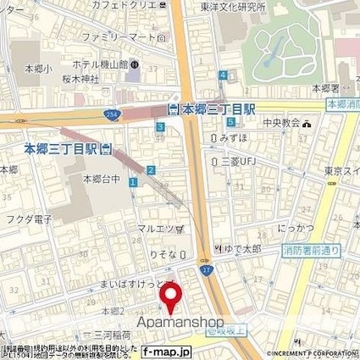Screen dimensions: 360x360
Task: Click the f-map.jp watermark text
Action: click(164, 352)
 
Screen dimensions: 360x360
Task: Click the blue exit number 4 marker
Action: click(223, 75)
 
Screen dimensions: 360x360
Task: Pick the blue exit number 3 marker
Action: click(159, 127)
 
